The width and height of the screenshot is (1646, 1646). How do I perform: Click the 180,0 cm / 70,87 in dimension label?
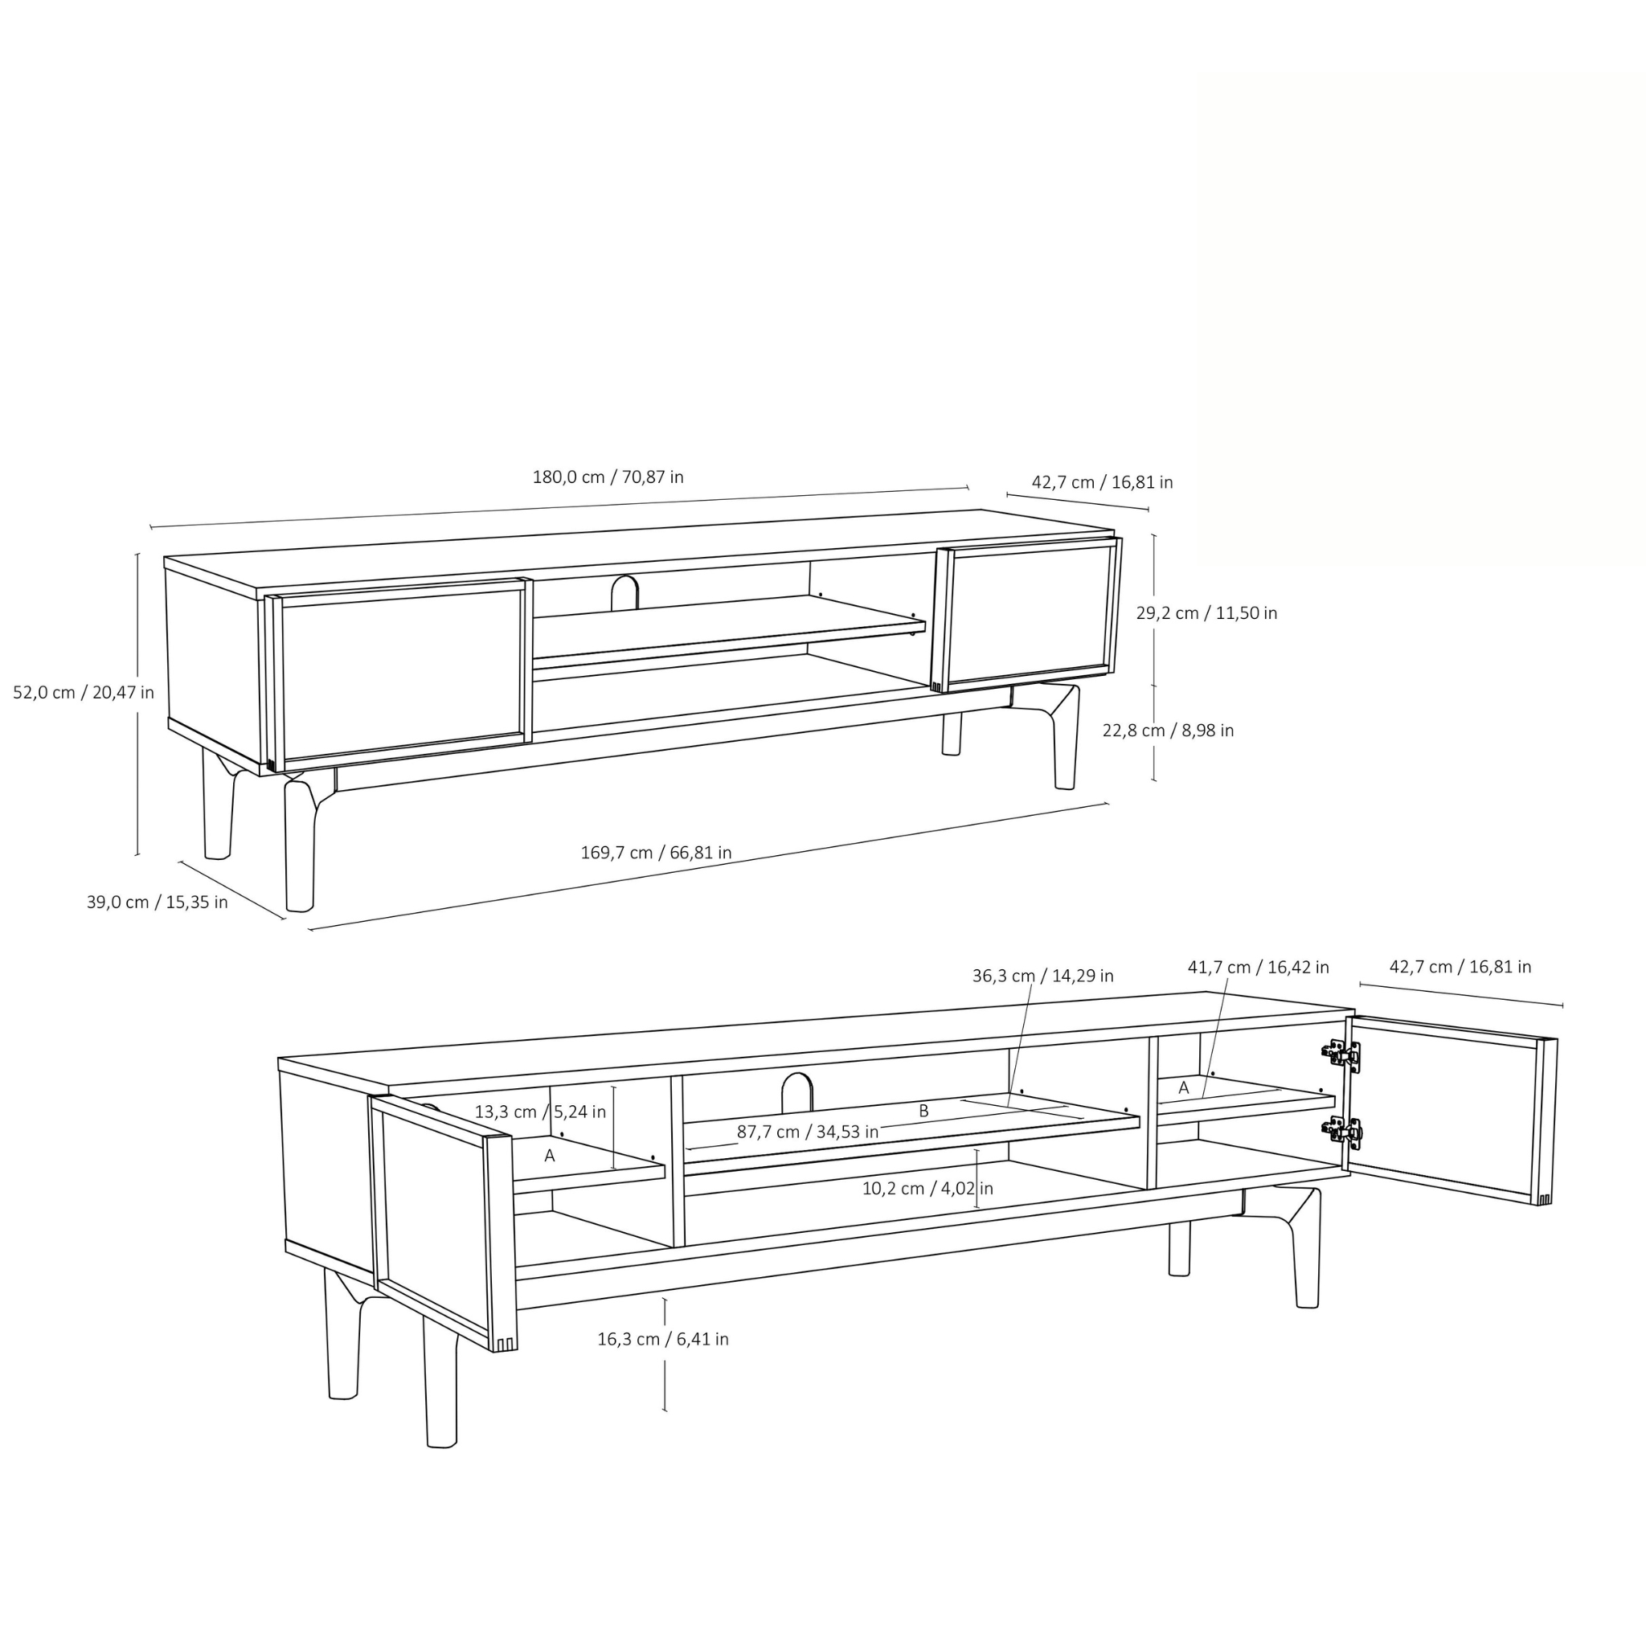click(608, 477)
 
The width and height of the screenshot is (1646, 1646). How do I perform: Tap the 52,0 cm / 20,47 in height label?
click(84, 693)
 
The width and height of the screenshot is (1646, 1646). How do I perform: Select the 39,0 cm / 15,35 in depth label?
click(157, 903)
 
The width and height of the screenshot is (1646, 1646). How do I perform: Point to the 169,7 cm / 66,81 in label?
click(656, 853)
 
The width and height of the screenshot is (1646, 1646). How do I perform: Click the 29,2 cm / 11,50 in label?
click(1206, 613)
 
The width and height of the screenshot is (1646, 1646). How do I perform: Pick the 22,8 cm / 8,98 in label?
click(1168, 730)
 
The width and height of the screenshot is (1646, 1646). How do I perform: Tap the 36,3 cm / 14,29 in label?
click(1042, 977)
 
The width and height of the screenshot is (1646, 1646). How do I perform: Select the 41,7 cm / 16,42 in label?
click(1259, 968)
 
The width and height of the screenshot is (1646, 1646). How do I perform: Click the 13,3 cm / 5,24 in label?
click(540, 1112)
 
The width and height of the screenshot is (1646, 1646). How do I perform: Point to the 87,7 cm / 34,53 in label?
click(808, 1132)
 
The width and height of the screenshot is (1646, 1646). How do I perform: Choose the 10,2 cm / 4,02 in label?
click(927, 1189)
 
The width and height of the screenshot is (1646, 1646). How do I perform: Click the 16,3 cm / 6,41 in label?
click(663, 1339)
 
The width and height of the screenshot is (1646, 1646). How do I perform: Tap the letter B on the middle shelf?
click(923, 1112)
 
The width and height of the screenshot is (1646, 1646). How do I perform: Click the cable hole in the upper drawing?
click(624, 593)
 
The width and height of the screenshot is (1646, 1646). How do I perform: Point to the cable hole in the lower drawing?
click(797, 1092)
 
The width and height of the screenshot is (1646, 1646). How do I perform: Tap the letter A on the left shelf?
click(550, 1156)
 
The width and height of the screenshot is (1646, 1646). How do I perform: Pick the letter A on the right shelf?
click(1183, 1088)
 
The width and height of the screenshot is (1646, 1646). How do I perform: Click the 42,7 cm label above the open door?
click(1460, 967)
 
